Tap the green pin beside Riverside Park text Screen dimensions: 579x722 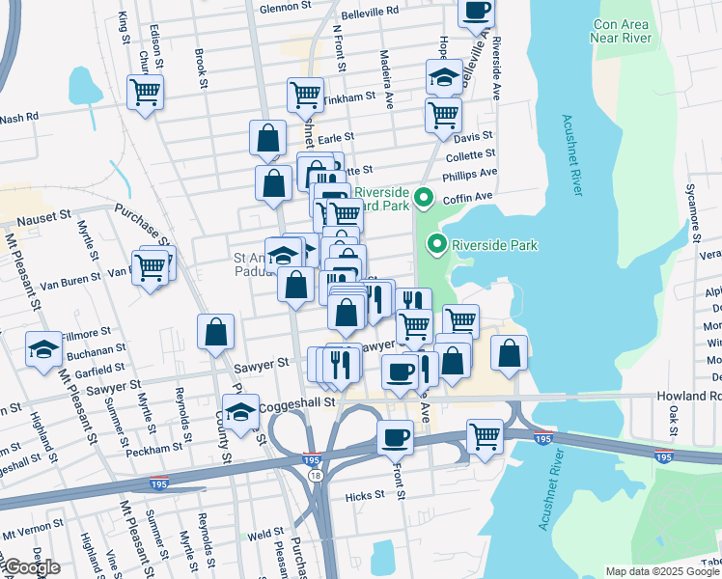point(437,244)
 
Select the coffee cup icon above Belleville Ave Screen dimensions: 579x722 point(475,12)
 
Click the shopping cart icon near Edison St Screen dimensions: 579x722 point(146,94)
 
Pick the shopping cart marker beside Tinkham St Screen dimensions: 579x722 point(305,96)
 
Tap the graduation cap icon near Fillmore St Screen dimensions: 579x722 point(43,349)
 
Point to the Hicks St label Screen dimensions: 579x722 point(364,495)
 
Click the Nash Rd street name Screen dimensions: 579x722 point(18,117)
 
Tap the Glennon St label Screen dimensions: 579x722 point(283,9)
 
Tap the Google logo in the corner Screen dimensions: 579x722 point(31,567)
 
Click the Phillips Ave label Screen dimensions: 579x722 point(469,175)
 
